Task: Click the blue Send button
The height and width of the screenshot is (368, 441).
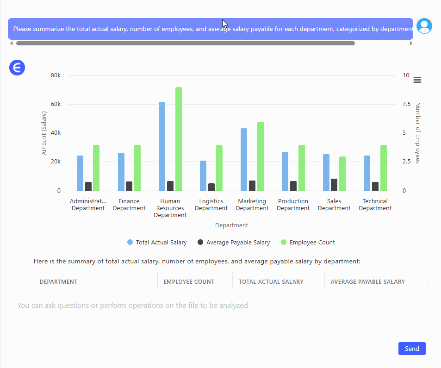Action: [x=411, y=349]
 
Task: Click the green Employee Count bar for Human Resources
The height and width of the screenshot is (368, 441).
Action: [x=179, y=139]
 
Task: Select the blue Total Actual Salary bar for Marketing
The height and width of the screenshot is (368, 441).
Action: [x=244, y=159]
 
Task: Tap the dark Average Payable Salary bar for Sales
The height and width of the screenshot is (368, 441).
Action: [x=334, y=185]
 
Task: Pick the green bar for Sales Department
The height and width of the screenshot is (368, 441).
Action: [x=342, y=174]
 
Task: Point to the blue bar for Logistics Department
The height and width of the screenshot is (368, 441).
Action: [x=203, y=175]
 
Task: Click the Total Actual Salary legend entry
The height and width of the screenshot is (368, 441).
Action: [x=157, y=242]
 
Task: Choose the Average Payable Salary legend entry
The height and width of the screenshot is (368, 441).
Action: [x=234, y=242]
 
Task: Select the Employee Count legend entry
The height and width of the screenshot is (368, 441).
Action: [x=308, y=242]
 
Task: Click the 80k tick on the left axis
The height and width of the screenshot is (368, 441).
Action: [x=56, y=75]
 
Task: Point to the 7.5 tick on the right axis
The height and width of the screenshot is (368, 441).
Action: [x=406, y=104]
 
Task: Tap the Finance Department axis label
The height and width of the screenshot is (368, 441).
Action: [x=129, y=205]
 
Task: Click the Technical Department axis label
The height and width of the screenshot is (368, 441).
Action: [x=375, y=205]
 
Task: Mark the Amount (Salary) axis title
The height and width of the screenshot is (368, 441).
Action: [x=44, y=133]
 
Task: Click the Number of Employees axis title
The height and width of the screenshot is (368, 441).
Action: [x=417, y=133]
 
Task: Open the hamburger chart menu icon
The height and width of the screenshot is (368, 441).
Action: [x=417, y=80]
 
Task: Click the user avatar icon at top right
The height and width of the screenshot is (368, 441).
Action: [x=424, y=26]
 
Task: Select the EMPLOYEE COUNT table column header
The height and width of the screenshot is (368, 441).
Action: [x=189, y=281]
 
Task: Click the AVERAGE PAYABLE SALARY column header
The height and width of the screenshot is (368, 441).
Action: [x=367, y=281]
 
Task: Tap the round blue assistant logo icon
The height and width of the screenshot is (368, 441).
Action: [x=17, y=68]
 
